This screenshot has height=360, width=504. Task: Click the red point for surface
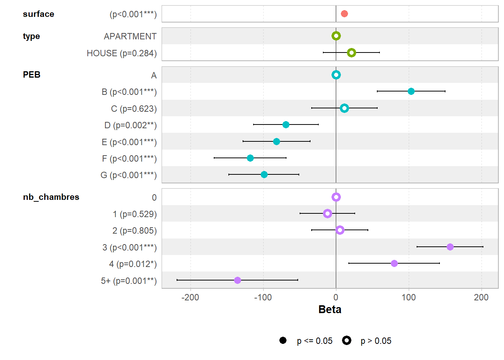pos(344,14)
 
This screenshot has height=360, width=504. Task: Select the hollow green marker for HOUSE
pos(351,52)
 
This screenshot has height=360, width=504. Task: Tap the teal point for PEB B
pos(411,91)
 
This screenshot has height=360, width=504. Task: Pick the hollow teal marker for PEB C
pos(344,108)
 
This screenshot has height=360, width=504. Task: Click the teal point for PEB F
pos(250,158)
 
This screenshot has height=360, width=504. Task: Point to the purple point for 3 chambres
pos(450,247)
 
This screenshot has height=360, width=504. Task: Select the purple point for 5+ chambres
pos(237,280)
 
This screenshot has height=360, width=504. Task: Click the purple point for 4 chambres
pos(394,263)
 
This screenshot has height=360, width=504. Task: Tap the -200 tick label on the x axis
pos(190,298)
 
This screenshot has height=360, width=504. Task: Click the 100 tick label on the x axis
pos(408,298)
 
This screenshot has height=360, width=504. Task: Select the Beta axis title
pos(330,309)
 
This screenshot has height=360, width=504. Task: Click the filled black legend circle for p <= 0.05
pos(283,340)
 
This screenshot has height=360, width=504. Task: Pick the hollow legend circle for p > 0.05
pos(346,340)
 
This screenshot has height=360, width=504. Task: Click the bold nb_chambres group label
pos(51,197)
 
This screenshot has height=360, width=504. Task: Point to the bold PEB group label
pos(31,75)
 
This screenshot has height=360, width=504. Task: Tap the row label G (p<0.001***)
pos(129,175)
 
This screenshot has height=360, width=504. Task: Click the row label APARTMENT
pos(130,36)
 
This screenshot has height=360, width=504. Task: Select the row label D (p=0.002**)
pos(130,125)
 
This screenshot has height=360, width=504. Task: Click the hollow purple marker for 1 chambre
pos(327,213)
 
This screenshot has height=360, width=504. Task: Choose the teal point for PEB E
pos(276,141)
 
